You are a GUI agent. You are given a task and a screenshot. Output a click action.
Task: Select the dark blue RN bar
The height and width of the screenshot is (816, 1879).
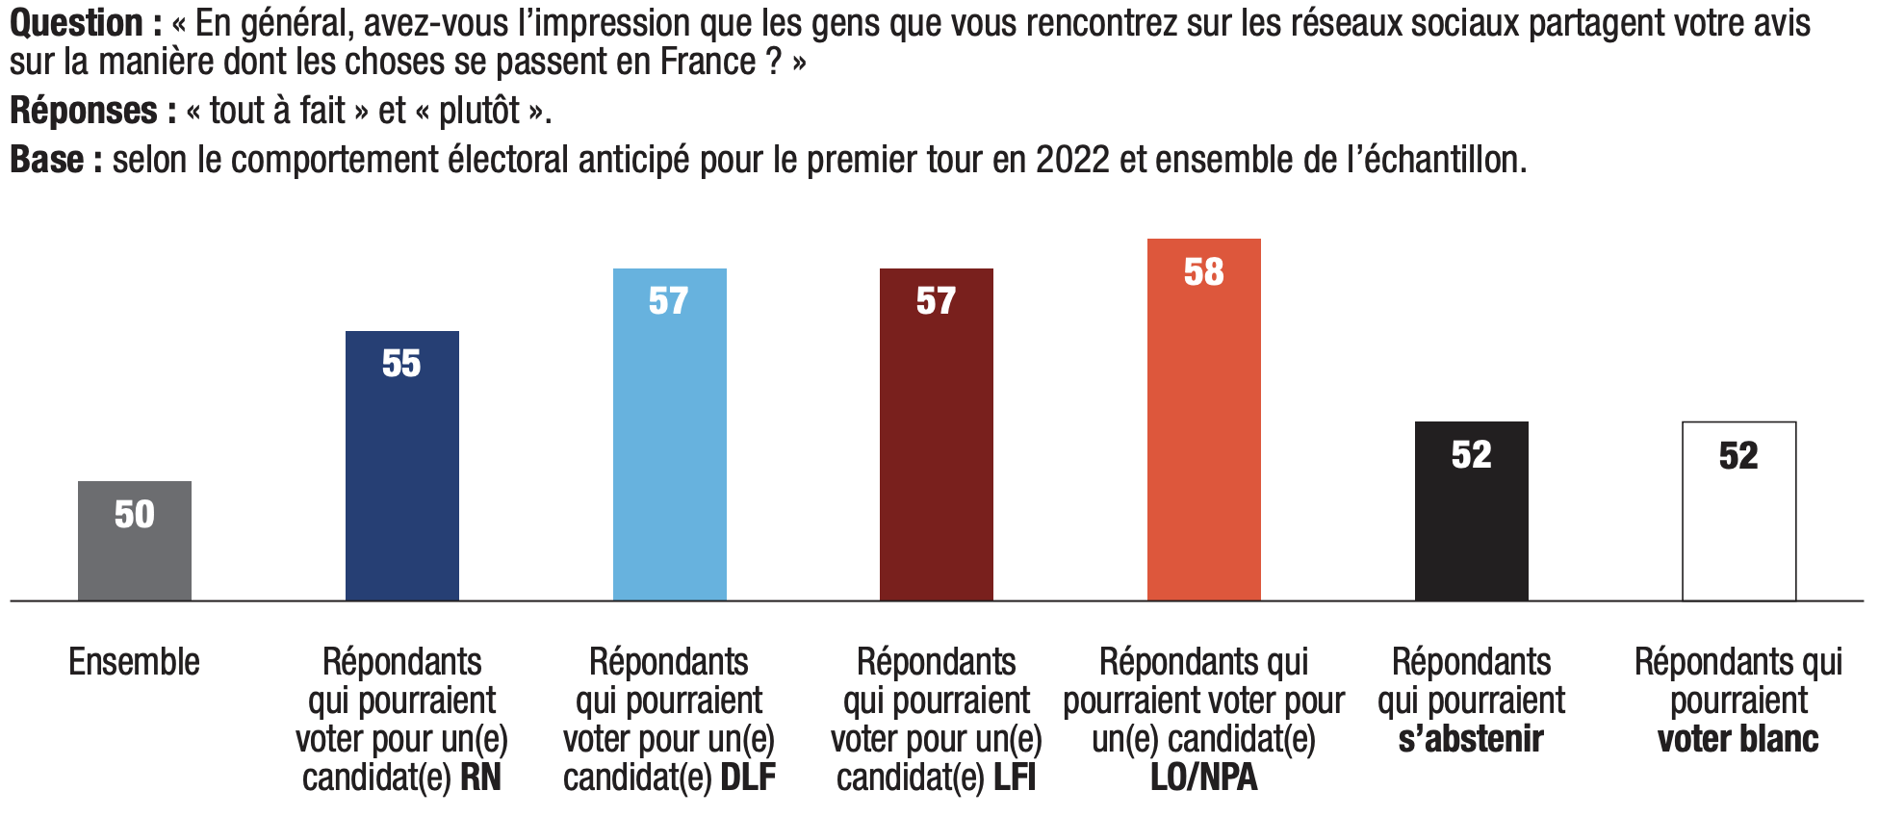[402, 481]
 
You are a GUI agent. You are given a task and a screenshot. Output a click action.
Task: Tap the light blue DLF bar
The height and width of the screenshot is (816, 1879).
[670, 452]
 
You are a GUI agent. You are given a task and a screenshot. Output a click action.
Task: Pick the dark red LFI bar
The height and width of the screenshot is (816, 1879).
[937, 452]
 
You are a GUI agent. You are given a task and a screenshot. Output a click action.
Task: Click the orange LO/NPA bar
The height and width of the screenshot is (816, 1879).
[1204, 433]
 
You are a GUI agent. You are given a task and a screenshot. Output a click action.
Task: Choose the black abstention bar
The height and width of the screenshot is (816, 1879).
[1472, 529]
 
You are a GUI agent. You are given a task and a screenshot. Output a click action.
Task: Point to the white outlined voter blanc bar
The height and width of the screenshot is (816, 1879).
[1739, 529]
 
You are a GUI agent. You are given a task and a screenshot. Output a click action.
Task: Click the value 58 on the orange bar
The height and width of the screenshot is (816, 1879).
[1204, 272]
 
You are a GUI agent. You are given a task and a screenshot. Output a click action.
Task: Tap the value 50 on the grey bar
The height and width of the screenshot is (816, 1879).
[135, 515]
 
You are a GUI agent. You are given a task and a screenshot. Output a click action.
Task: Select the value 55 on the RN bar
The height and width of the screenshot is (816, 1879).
[401, 364]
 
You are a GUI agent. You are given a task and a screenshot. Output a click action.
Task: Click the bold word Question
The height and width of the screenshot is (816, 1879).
[77, 23]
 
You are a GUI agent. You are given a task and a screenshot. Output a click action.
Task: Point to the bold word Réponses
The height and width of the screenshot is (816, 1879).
[84, 111]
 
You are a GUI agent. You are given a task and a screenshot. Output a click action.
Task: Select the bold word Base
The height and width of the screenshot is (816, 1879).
[47, 160]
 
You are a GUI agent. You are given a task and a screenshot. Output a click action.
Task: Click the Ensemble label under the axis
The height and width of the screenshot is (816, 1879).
[135, 662]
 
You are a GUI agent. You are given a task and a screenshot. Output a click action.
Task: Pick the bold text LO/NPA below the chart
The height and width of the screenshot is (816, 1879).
[1204, 778]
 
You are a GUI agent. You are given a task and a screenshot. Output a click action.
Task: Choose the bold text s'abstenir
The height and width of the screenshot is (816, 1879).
[1471, 739]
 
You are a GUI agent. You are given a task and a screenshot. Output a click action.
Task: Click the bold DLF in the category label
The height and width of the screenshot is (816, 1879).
[748, 778]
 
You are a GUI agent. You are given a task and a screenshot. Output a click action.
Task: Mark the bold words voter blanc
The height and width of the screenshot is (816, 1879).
[1738, 739]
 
